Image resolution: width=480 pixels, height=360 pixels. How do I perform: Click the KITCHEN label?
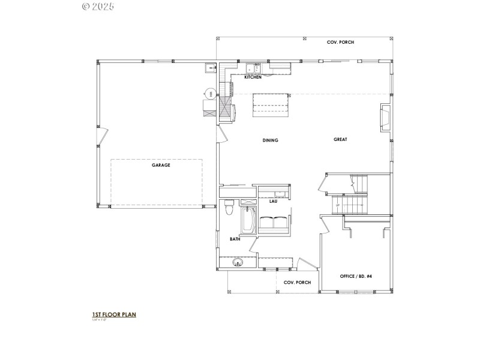tap(253, 77)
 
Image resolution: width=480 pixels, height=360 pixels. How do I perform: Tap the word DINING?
tap(270, 140)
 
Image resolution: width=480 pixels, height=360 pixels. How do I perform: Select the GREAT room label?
tap(340, 139)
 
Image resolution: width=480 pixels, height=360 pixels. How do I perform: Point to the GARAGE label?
tap(161, 165)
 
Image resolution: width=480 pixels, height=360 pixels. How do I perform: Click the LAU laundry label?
tap(272, 202)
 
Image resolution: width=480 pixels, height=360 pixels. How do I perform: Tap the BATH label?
tap(235, 239)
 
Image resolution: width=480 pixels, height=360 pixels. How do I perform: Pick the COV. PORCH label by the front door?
tap(297, 282)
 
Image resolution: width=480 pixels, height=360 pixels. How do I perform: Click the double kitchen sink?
tap(253, 68)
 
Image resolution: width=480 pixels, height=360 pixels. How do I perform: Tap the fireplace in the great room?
tap(386, 117)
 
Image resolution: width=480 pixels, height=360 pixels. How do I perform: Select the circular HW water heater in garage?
tap(211, 93)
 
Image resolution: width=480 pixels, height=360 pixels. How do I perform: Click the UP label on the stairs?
tap(338, 206)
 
